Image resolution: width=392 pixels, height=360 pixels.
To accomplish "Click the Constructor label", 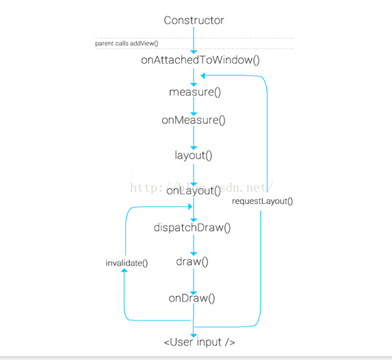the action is [194, 21].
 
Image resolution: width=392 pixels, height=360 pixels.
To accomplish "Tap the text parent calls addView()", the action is [127, 43].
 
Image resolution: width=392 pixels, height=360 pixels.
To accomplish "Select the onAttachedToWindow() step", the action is [200, 60].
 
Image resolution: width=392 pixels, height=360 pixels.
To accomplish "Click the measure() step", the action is [195, 92].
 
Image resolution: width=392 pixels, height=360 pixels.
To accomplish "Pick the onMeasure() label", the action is [194, 120].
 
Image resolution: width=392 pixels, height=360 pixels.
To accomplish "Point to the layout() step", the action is [193, 155].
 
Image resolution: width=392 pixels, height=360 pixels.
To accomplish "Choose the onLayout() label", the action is [194, 191].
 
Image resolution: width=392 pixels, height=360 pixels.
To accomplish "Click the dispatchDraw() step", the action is [192, 228].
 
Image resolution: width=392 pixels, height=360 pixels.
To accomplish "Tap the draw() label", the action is [192, 261].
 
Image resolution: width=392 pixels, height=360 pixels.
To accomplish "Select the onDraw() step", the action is [192, 298].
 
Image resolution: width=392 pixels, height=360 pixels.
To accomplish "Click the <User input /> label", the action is [199, 342].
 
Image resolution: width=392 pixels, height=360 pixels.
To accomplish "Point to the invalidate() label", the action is [127, 263].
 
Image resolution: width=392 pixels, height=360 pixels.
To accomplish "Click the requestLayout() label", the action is [262, 201].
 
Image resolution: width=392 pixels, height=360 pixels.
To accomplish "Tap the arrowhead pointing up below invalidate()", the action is [125, 270].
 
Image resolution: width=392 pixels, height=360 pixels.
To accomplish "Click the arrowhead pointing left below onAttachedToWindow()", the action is [202, 75].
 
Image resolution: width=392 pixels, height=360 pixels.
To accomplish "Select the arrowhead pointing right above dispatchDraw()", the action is [190, 207].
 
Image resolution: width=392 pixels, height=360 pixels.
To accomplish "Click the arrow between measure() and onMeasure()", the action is [194, 106].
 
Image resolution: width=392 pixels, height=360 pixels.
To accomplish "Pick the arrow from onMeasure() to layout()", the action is [194, 138].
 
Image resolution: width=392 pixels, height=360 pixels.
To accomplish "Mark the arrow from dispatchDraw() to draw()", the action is [194, 245].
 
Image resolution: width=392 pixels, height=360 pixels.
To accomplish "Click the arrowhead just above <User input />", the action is [194, 335].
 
